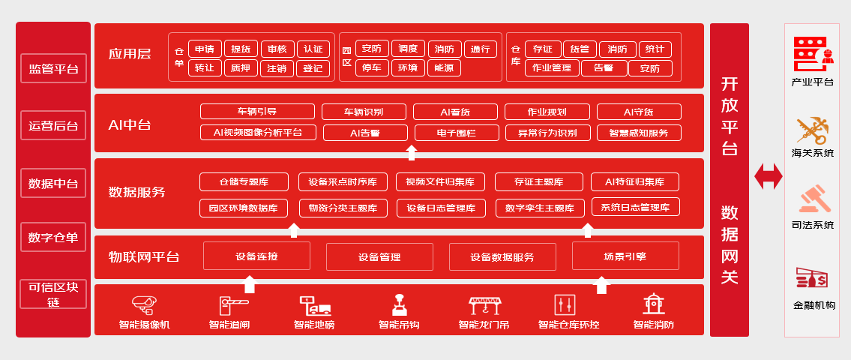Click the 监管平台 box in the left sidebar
coord(53,70)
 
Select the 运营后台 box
coord(53,126)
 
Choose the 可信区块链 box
coord(53,294)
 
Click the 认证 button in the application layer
coord(313,49)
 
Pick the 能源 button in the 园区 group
coord(444,68)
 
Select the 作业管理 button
coord(552,68)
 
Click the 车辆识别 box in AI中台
coord(364,112)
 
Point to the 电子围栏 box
coord(456,133)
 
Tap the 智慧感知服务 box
coord(639,133)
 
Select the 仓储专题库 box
coord(244,181)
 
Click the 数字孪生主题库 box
coord(540,208)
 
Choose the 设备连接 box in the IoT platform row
coord(256,256)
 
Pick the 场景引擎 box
coord(625,256)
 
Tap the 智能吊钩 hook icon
coord(399,304)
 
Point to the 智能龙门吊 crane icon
coord(484,304)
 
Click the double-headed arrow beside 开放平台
coord(768,176)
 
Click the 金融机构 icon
coord(812,279)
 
